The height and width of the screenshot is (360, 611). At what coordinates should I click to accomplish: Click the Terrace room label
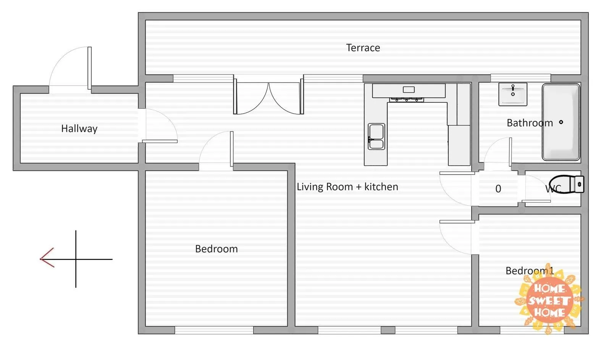point(363,48)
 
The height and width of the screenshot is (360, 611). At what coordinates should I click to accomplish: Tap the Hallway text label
point(79,128)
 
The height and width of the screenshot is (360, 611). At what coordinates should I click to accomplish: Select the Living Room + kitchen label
point(347,186)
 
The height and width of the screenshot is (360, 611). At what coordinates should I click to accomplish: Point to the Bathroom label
point(530,123)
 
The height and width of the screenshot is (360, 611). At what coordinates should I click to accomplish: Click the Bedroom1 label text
point(530,271)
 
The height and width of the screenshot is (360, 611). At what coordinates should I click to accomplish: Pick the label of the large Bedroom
point(216,249)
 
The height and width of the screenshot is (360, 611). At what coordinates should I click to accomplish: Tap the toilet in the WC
point(567,184)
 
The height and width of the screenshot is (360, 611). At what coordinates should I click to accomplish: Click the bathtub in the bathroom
point(561,122)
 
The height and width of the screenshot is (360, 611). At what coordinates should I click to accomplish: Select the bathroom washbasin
point(513,94)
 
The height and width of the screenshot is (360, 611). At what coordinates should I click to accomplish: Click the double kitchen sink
point(377,136)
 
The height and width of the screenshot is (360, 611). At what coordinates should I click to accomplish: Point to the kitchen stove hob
point(406,100)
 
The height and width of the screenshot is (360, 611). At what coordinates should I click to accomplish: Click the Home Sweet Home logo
point(549,299)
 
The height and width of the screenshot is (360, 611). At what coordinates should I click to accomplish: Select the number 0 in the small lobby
point(498,188)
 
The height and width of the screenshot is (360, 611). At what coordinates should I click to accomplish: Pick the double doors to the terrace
point(269,95)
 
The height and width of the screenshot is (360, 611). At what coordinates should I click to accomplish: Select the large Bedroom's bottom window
point(214,330)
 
